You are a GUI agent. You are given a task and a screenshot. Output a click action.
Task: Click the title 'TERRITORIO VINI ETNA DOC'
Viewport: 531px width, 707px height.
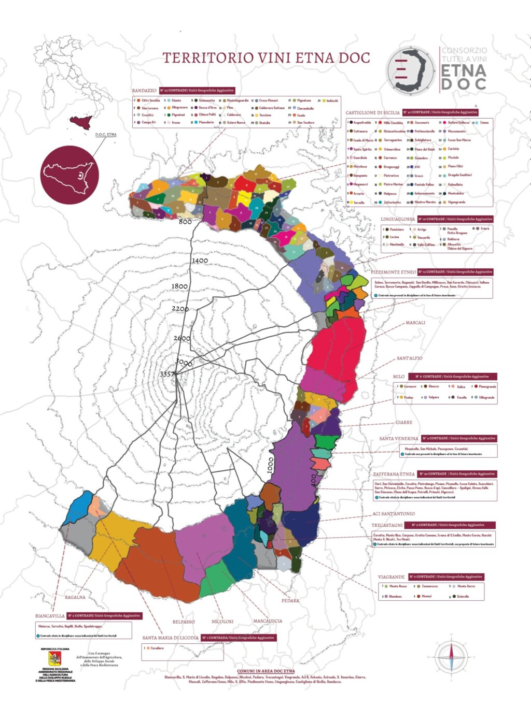click(267, 58)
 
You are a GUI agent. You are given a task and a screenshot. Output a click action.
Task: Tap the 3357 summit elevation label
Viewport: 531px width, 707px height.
click(167, 374)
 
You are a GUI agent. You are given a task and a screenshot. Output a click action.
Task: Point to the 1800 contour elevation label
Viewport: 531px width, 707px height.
click(179, 286)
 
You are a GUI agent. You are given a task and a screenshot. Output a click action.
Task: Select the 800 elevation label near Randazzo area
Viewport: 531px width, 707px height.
click(185, 222)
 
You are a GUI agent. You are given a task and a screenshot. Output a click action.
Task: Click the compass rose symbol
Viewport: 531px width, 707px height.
click(451, 657)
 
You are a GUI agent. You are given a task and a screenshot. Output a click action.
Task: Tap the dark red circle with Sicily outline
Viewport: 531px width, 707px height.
click(69, 175)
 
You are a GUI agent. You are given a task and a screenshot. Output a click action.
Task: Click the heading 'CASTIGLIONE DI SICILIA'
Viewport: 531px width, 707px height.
click(372, 112)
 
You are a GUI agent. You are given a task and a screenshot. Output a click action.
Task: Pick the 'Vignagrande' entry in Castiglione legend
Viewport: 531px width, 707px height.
click(456, 202)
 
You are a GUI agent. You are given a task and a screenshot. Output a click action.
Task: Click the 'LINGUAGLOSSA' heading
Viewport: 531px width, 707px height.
click(398, 219)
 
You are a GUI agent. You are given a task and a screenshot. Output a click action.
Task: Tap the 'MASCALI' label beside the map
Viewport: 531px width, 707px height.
click(415, 323)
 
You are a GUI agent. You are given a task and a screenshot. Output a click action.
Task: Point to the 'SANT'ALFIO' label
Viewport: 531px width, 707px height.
click(409, 358)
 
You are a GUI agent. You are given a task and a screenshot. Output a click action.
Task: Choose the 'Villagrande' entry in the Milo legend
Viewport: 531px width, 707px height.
click(486, 397)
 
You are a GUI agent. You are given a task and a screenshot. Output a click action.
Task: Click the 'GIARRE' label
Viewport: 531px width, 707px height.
click(403, 423)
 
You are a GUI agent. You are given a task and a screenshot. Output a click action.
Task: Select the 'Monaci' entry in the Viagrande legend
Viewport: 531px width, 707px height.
click(426, 596)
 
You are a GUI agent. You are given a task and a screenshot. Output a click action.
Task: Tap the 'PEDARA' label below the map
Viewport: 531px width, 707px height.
click(290, 601)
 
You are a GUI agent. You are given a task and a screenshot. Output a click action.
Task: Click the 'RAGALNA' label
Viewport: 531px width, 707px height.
click(75, 597)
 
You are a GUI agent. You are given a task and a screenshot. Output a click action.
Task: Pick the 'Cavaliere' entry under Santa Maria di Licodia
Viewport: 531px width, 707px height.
click(157, 648)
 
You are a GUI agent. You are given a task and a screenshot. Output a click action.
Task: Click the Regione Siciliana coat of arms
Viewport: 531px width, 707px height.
click(54, 659)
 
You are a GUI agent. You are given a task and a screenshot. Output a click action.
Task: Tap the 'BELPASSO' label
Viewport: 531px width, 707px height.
click(184, 622)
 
